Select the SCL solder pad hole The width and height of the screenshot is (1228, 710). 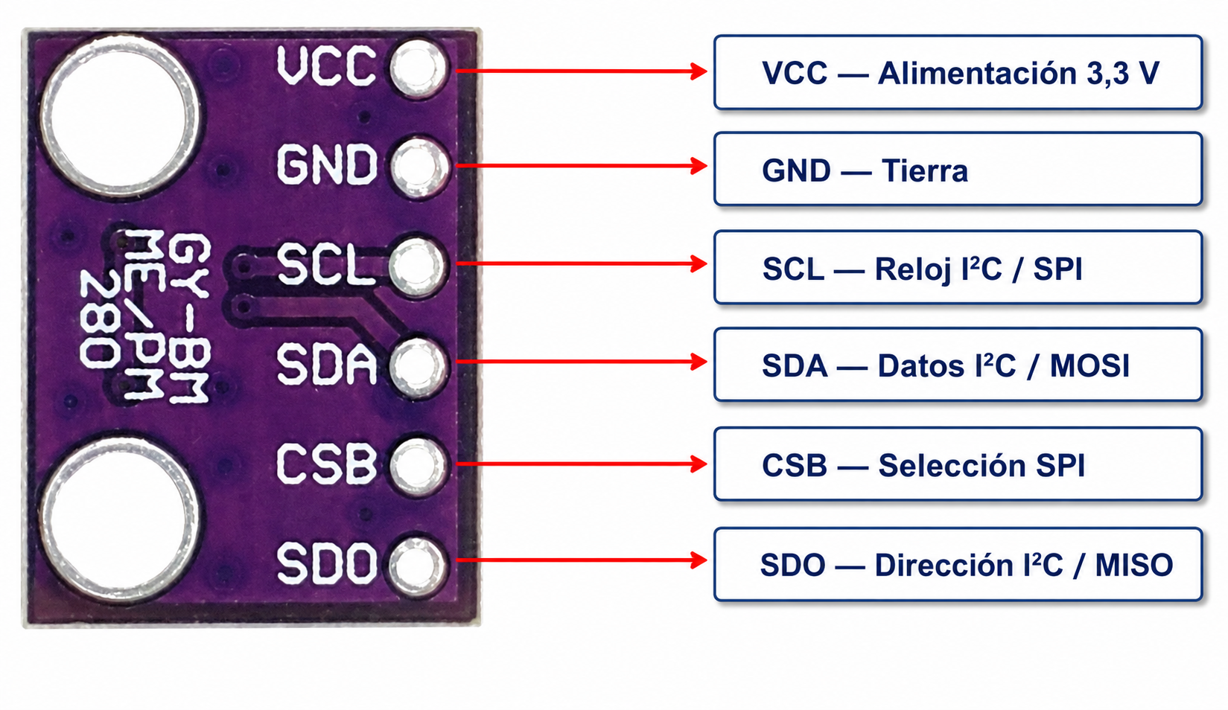point(419,266)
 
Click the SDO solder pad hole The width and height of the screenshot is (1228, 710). point(419,566)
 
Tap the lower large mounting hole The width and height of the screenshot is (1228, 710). point(119,519)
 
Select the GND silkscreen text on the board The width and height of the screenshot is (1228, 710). point(327,164)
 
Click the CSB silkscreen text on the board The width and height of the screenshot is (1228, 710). point(327,464)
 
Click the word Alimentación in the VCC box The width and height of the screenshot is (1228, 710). point(977,73)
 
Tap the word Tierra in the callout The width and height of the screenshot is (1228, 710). point(925,170)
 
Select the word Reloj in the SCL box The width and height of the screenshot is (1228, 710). point(912,270)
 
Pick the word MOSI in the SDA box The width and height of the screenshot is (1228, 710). point(1089,366)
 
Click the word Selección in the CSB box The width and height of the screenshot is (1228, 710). point(952,465)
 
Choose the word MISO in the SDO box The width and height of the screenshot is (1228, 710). point(1133,565)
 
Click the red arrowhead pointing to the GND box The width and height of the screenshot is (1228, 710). point(699,166)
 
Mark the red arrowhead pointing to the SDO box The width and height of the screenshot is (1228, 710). point(699,560)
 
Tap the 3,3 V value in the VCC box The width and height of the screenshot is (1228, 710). point(1123,73)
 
